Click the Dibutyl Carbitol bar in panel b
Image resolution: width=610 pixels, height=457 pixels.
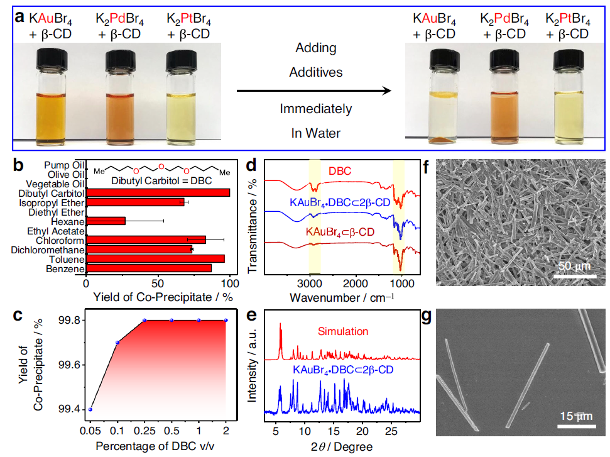pos(158,192)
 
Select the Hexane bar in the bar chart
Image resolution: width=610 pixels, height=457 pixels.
pos(106,221)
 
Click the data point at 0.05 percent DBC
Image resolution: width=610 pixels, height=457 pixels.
pos(90,409)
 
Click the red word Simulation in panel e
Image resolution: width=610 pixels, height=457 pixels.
pos(343,331)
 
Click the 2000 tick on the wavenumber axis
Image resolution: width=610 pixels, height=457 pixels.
pos(356,282)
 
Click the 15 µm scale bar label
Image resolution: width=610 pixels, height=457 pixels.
pos(575,417)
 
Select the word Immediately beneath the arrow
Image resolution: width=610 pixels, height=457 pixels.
pos(316,109)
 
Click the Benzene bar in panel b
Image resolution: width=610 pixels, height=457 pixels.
pos(148,268)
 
